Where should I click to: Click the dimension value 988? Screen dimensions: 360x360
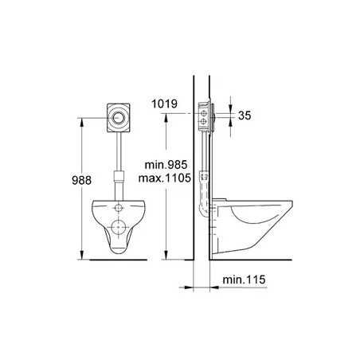81,180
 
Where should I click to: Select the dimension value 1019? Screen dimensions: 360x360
164,104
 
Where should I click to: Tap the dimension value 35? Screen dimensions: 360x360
245,115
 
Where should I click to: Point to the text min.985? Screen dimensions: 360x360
166,165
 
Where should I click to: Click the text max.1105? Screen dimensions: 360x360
165,178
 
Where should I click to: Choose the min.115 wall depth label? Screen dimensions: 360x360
244,280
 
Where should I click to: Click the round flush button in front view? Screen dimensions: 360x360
118,118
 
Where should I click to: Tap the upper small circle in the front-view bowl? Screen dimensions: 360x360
118,208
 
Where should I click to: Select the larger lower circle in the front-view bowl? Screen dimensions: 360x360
118,228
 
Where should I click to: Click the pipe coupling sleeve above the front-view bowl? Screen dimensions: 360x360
119,176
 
